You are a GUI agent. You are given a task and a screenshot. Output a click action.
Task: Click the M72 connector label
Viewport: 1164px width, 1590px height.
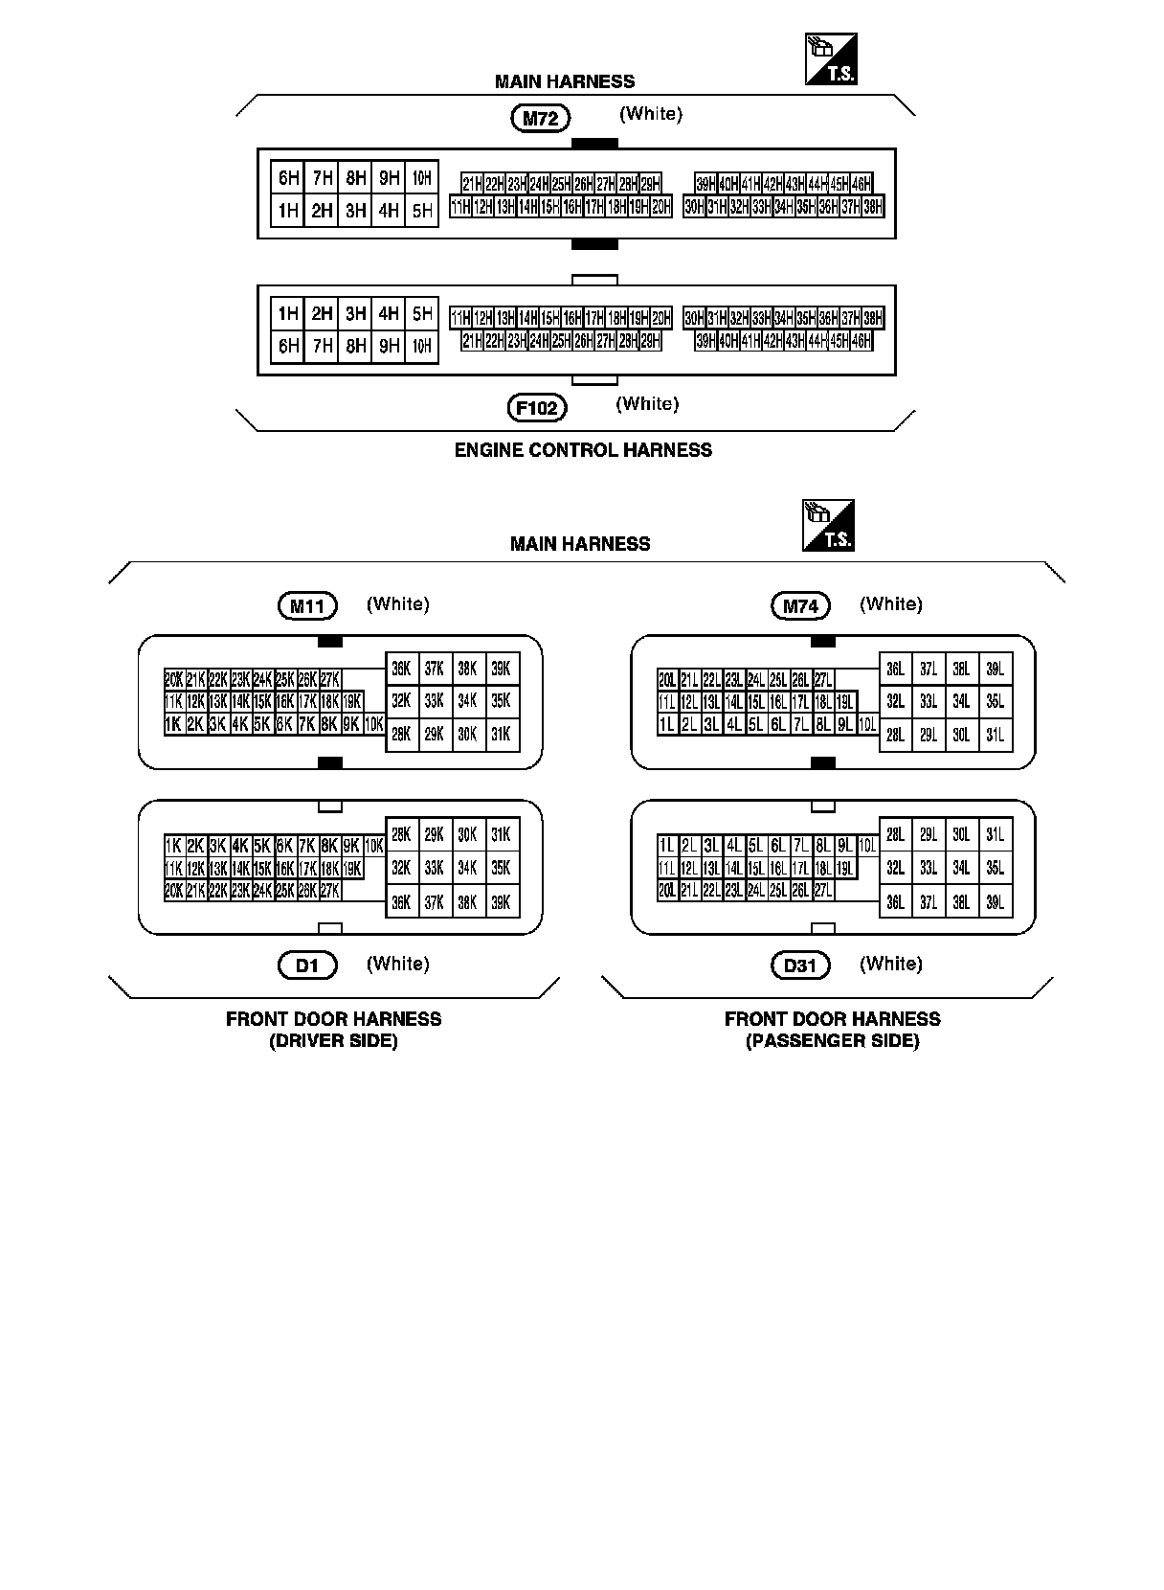point(541,120)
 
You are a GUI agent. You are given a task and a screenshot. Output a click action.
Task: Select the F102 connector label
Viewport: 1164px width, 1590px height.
point(537,408)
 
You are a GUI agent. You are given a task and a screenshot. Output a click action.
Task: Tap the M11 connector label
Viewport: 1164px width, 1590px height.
point(307,605)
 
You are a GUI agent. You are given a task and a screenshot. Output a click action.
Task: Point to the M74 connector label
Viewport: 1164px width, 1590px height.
point(800,605)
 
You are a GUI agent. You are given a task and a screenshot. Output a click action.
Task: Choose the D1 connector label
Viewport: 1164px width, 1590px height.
point(307,965)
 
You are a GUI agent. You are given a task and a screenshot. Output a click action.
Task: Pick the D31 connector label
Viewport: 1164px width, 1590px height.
point(800,965)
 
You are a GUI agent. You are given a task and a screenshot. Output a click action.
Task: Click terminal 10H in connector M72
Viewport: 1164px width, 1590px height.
point(422,177)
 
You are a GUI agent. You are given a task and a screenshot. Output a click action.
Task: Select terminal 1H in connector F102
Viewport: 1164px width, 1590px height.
point(288,313)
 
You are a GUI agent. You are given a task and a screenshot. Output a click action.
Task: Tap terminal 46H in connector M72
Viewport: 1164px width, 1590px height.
point(861,184)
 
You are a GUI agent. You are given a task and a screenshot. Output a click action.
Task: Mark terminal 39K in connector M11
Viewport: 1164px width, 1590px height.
point(501,669)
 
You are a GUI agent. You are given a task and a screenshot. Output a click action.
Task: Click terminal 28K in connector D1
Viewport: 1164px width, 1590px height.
point(402,835)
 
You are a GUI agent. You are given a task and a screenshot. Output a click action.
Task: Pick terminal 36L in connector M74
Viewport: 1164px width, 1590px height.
point(895,669)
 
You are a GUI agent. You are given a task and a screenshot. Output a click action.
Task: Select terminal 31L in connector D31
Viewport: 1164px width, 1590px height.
point(995,835)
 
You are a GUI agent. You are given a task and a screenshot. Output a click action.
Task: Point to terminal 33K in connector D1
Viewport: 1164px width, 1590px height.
point(435,868)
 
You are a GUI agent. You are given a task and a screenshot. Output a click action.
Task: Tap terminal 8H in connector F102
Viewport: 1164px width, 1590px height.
point(355,346)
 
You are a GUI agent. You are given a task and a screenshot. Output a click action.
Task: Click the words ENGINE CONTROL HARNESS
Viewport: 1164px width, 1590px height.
point(583,450)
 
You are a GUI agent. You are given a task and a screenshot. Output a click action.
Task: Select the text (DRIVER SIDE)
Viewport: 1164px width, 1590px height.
point(333,1041)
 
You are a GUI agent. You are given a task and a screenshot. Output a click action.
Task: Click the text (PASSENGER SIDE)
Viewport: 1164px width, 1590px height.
point(832,1041)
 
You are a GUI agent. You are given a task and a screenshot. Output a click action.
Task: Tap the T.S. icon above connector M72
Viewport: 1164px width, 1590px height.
point(830,59)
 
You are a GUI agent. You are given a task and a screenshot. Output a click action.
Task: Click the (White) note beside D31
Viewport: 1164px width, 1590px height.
point(890,964)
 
